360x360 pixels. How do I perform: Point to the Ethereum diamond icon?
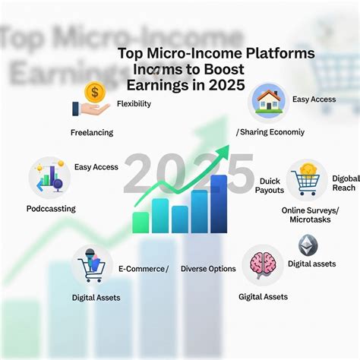click(x=308, y=245)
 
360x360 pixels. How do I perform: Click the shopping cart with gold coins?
click(x=307, y=178)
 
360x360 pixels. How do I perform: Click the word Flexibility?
click(x=134, y=104)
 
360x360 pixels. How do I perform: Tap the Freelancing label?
click(x=91, y=132)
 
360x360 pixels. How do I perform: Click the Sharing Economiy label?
click(x=270, y=131)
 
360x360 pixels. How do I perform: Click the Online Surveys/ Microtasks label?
click(x=311, y=214)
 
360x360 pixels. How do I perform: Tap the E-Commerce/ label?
click(x=143, y=268)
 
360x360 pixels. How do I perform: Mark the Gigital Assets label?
click(x=263, y=296)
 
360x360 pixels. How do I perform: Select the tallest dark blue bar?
click(x=219, y=203)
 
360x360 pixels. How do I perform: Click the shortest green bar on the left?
click(x=141, y=222)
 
